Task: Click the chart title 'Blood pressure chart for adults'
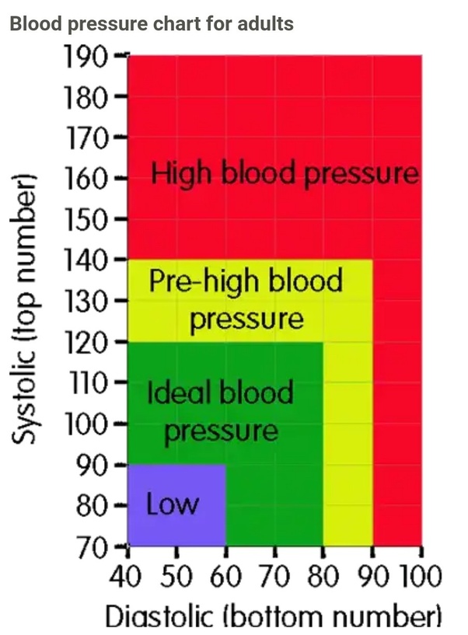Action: click(x=152, y=23)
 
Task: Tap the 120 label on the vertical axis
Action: click(x=86, y=343)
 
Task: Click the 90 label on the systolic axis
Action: click(x=92, y=466)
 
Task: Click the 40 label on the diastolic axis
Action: click(x=125, y=576)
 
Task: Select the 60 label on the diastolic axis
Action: click(x=225, y=576)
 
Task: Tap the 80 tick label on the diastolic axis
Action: click(x=323, y=576)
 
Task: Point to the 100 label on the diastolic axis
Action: click(x=421, y=576)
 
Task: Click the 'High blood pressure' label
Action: click(x=285, y=174)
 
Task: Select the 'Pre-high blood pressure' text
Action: click(x=246, y=300)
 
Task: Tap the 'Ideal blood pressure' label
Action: click(x=220, y=411)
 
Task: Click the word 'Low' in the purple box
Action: click(x=173, y=504)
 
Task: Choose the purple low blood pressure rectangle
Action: click(x=176, y=505)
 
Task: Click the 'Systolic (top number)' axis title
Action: click(x=24, y=309)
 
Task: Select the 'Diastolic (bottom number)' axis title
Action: click(x=273, y=617)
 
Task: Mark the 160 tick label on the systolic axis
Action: click(x=86, y=178)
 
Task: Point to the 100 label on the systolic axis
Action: click(x=86, y=425)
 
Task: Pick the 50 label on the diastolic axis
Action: click(x=176, y=576)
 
